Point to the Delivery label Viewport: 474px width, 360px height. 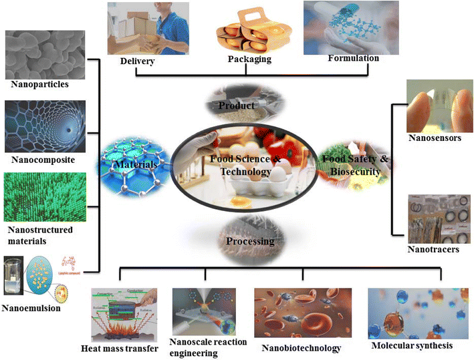coord(137,61)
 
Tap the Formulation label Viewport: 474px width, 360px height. coord(353,58)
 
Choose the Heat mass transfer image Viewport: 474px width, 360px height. coord(124,314)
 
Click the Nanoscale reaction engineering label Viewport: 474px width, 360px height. coord(208,348)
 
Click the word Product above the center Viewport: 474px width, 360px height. coord(237,106)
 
